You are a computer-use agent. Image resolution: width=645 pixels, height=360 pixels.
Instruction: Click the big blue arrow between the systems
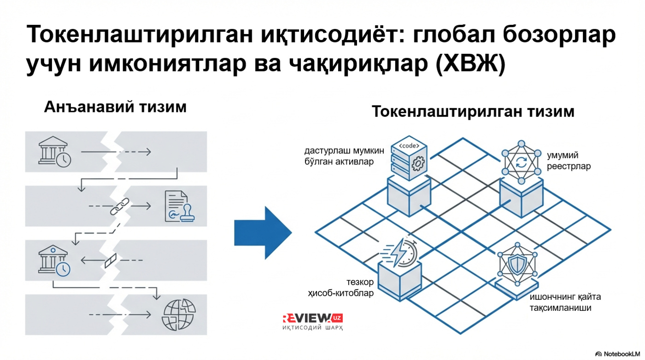pyautogui.click(x=263, y=233)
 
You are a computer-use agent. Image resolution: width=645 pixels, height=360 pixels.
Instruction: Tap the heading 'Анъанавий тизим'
pyautogui.click(x=115, y=107)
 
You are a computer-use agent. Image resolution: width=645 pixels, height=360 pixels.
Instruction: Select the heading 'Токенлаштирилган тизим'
pyautogui.click(x=473, y=111)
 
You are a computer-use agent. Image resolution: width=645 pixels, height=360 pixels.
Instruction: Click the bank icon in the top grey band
pyautogui.click(x=55, y=152)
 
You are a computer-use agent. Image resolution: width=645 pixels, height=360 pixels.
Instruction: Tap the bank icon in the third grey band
pyautogui.click(x=54, y=261)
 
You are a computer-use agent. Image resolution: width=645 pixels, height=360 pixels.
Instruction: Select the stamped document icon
pyautogui.click(x=180, y=206)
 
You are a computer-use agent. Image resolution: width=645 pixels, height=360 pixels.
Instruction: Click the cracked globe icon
pyautogui.click(x=179, y=314)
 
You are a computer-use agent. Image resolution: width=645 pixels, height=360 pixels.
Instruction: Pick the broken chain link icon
pyautogui.click(x=120, y=206)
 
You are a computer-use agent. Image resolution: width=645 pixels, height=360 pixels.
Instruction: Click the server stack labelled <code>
pyautogui.click(x=409, y=158)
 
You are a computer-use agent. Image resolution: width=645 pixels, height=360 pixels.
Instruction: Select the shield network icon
pyautogui.click(x=517, y=264)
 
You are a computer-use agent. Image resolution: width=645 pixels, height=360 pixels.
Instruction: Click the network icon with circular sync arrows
pyautogui.click(x=521, y=163)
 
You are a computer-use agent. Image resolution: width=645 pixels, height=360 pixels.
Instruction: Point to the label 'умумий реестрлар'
pyautogui.click(x=569, y=161)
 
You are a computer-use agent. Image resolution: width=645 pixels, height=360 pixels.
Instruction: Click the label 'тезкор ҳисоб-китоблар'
pyautogui.click(x=341, y=287)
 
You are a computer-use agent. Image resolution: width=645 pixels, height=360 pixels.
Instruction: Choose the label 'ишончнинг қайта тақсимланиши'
pyautogui.click(x=565, y=302)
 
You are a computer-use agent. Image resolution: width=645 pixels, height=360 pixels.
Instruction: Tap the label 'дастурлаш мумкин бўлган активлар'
pyautogui.click(x=344, y=156)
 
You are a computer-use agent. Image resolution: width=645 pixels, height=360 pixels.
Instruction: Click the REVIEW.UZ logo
pyautogui.click(x=313, y=322)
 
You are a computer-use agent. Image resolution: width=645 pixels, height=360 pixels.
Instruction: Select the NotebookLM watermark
pyautogui.click(x=617, y=354)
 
